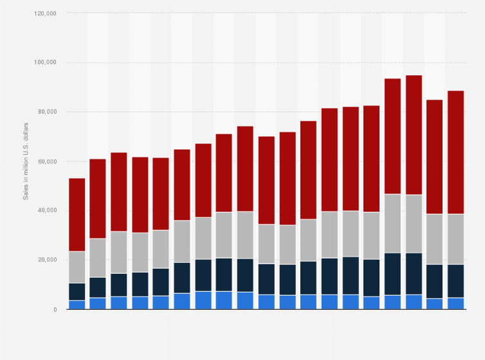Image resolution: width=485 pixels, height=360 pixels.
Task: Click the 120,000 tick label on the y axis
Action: coord(46,14)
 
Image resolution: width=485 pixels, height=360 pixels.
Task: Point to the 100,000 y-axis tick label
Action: coord(46,63)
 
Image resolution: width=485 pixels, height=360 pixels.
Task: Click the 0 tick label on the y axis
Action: coord(55,310)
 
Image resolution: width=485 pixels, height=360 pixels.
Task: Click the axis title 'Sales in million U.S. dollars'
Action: coord(26,161)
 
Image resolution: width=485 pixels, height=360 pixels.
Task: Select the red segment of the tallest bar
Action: coord(414,135)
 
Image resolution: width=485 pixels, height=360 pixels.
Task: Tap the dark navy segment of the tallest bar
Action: coord(414,274)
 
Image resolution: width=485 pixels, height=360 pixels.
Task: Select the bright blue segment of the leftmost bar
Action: coord(77,305)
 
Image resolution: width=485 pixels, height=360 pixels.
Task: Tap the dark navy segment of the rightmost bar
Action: coord(455,281)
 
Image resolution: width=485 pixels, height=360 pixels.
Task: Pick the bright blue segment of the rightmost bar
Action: coord(455,303)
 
